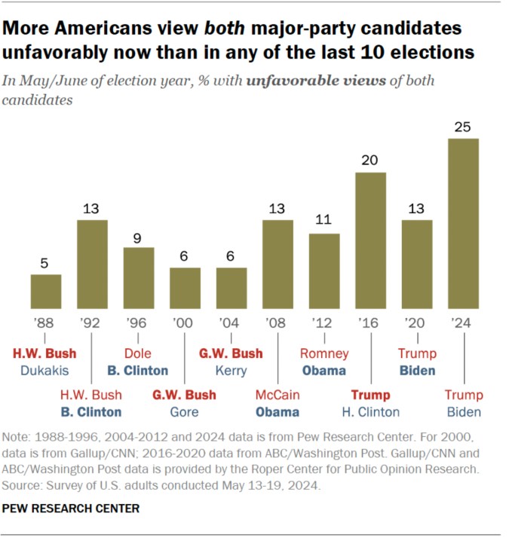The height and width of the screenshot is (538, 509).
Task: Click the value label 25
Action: coord(463,126)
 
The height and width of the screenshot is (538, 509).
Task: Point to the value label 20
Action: coord(370,160)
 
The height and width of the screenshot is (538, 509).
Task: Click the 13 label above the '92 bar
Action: coord(92,207)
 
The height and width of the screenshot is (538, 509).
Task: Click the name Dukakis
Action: coord(45,370)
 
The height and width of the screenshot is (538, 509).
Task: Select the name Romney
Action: coord(324,353)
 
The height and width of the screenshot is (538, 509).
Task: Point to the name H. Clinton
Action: coord(370,412)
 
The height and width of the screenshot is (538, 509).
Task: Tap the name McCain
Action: coord(277,396)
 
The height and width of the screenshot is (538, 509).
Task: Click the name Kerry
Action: coord(232,370)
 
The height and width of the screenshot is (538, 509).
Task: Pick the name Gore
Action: coord(185,412)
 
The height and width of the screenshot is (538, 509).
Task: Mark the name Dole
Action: coord(138,353)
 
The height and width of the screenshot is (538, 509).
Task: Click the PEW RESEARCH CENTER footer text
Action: coord(71,509)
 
